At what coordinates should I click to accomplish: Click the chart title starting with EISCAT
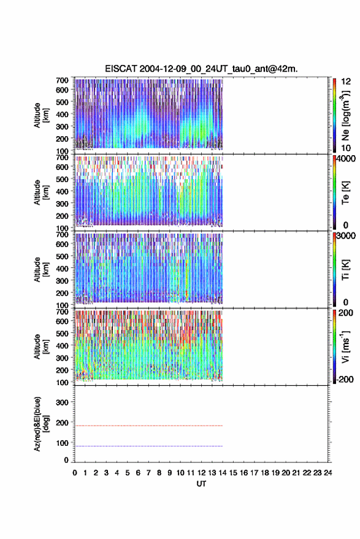pyautogui.click(x=201, y=69)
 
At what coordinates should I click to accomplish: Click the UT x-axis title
pyautogui.click(x=201, y=484)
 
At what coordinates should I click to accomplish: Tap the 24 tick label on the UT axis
pyautogui.click(x=327, y=473)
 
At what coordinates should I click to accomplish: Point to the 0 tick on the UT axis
pyautogui.click(x=75, y=473)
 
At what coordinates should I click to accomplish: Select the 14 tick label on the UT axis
pyautogui.click(x=223, y=473)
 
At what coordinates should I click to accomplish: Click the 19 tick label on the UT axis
pyautogui.click(x=275, y=473)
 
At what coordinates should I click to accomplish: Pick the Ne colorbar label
pyautogui.click(x=346, y=116)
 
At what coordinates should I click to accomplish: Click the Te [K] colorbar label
pyautogui.click(x=345, y=193)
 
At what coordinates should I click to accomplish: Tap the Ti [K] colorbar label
pyautogui.click(x=345, y=270)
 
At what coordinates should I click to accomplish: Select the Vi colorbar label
pyautogui.click(x=346, y=346)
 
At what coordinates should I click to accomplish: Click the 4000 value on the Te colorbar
pyautogui.click(x=346, y=158)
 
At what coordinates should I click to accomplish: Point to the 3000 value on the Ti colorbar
pyautogui.click(x=346, y=235)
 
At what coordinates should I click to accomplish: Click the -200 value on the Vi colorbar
pyautogui.click(x=344, y=379)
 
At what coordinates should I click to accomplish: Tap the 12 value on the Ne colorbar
pyautogui.click(x=346, y=82)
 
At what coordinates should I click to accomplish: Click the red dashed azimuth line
pyautogui.click(x=148, y=426)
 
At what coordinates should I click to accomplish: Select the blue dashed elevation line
pyautogui.click(x=148, y=446)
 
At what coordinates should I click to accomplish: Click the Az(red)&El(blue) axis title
pyautogui.click(x=41, y=424)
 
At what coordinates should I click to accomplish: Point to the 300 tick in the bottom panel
pyautogui.click(x=62, y=402)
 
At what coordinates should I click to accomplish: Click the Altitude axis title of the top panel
pyautogui.click(x=41, y=115)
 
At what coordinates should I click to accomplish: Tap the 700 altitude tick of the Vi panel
pyautogui.click(x=62, y=312)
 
